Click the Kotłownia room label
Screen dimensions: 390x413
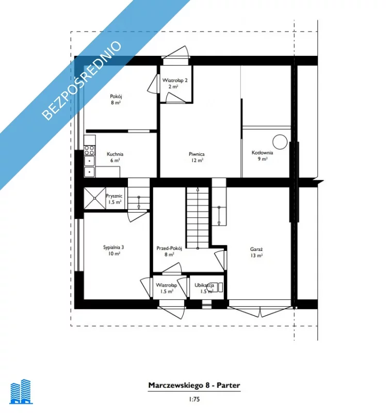coord(262,153)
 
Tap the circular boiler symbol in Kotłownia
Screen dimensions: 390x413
coord(280,141)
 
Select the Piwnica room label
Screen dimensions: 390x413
coord(197,154)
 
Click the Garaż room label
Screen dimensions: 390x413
coord(256,249)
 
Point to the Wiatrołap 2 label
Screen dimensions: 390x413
coord(175,81)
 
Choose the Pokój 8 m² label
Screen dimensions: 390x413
coord(116,100)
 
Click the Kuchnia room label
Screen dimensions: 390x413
coord(115,154)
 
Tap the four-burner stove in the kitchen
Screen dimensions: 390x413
coord(89,150)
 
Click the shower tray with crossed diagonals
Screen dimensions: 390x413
coord(94,198)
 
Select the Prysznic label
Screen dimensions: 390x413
coord(114,196)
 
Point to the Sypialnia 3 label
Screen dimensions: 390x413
coord(113,247)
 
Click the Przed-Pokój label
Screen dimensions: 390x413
coord(169,248)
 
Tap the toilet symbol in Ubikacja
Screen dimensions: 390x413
coord(216,288)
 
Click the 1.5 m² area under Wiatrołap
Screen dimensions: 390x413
coord(167,292)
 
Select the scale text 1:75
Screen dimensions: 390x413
coord(194,399)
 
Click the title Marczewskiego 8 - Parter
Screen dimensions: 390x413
coord(194,385)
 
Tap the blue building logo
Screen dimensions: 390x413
coord(21,391)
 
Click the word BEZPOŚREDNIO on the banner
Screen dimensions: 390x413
coord(82,81)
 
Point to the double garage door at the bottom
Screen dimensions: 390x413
coord(260,311)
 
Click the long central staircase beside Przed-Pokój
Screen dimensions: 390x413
coord(198,217)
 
